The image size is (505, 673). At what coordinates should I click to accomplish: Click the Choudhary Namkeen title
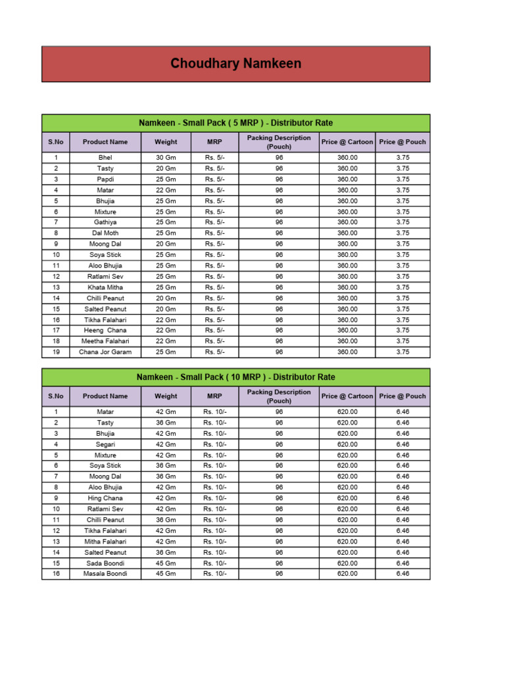[235, 64]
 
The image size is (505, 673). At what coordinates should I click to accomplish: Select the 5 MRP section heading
[235, 123]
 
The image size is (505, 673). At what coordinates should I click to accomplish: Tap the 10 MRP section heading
[235, 377]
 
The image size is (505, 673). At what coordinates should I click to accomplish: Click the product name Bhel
[105, 158]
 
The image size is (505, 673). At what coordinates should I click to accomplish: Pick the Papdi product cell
[105, 179]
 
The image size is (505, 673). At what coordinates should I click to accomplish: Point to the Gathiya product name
[105, 222]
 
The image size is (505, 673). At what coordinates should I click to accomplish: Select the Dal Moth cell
[105, 233]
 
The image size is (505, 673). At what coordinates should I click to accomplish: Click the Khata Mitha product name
[105, 287]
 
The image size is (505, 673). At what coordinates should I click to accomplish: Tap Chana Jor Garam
[105, 352]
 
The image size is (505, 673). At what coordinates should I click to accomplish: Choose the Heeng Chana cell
[105, 331]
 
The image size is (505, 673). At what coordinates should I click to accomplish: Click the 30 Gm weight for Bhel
[166, 158]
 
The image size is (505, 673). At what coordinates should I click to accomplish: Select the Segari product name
[105, 444]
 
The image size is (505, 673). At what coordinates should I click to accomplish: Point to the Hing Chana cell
[105, 498]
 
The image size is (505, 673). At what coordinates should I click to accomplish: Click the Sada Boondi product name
[105, 563]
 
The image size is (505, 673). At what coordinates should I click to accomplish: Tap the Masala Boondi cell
[105, 574]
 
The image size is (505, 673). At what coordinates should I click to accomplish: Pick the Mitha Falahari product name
[105, 542]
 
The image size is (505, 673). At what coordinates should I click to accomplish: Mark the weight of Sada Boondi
[166, 563]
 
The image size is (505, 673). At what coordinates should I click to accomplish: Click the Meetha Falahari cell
[105, 341]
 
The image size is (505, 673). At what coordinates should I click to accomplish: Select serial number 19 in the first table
[56, 352]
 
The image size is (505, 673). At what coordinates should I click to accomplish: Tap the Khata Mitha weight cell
[166, 287]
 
